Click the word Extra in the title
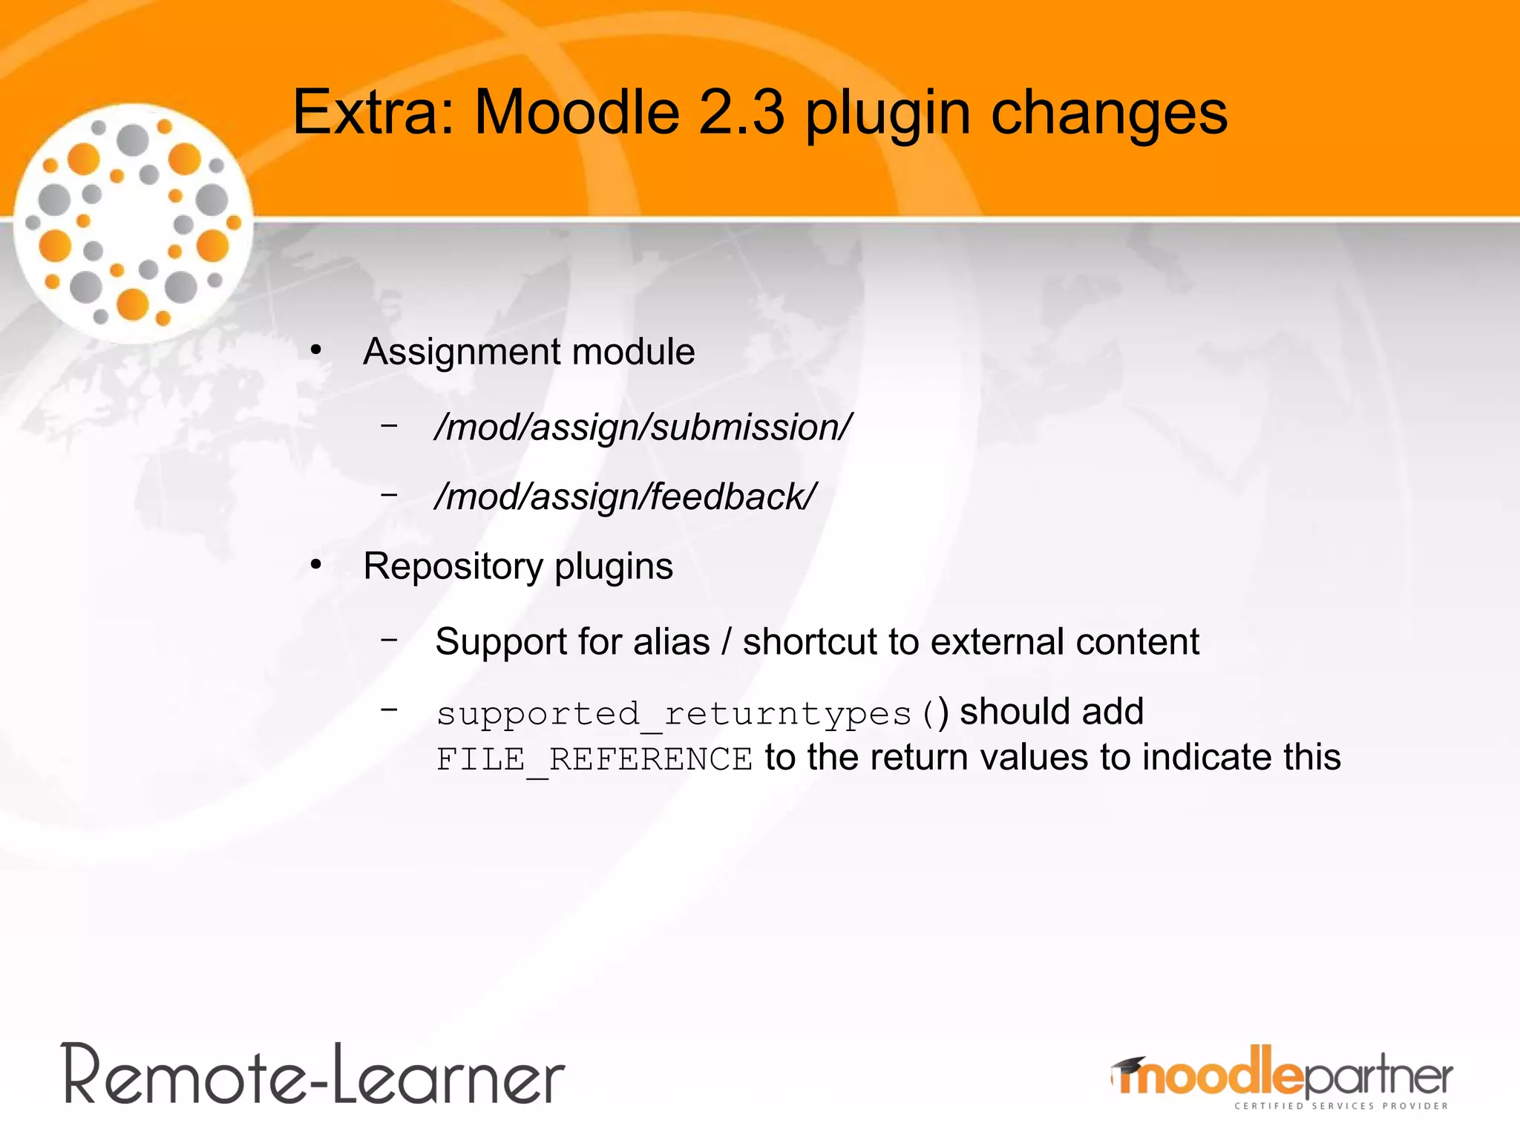coord(372,113)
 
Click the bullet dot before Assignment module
coord(316,350)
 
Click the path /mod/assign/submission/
coord(643,427)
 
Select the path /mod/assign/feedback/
coord(625,497)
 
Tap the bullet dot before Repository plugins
coord(316,566)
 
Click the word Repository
coord(452,566)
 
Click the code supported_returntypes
coord(673,714)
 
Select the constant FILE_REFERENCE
coord(594,759)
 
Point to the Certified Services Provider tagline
coord(1340,1106)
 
